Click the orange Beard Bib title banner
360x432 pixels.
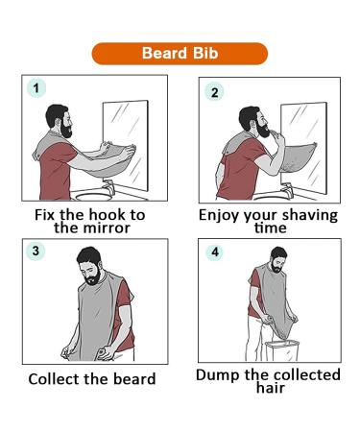click(180, 54)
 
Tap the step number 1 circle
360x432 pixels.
click(36, 88)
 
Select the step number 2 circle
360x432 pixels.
click(214, 92)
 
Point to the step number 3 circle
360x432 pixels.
click(36, 251)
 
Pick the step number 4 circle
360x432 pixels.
click(215, 252)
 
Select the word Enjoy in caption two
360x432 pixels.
click(219, 216)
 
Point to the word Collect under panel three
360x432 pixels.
click(54, 379)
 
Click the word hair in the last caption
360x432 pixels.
click(271, 388)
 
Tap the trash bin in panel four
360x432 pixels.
click(282, 350)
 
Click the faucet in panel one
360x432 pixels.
click(109, 187)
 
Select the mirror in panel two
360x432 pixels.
click(304, 148)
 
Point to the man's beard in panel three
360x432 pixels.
click(93, 277)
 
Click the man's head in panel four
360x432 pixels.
click(278, 258)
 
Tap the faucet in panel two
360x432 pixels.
click(288, 190)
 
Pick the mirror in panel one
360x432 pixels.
click(126, 146)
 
